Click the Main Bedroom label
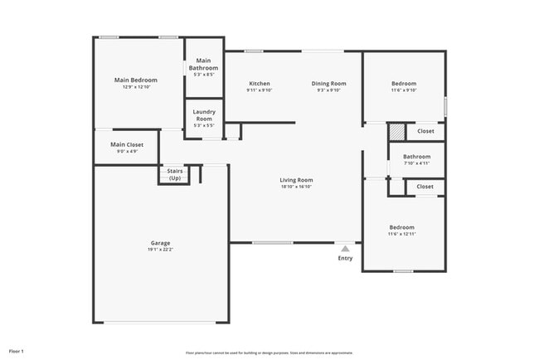point(135,80)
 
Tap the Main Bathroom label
point(203,64)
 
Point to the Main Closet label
point(127,144)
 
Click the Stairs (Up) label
point(175,175)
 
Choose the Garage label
point(160,243)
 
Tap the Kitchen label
point(259,83)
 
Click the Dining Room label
point(328,83)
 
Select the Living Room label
point(295,180)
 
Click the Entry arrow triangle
point(345,247)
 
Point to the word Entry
point(345,258)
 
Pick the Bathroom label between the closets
point(416,156)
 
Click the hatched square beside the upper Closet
point(397,131)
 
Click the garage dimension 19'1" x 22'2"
point(160,251)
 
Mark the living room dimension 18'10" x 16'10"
point(295,187)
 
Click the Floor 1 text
point(17,352)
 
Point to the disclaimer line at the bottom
point(269,353)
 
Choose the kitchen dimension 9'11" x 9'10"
point(259,90)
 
